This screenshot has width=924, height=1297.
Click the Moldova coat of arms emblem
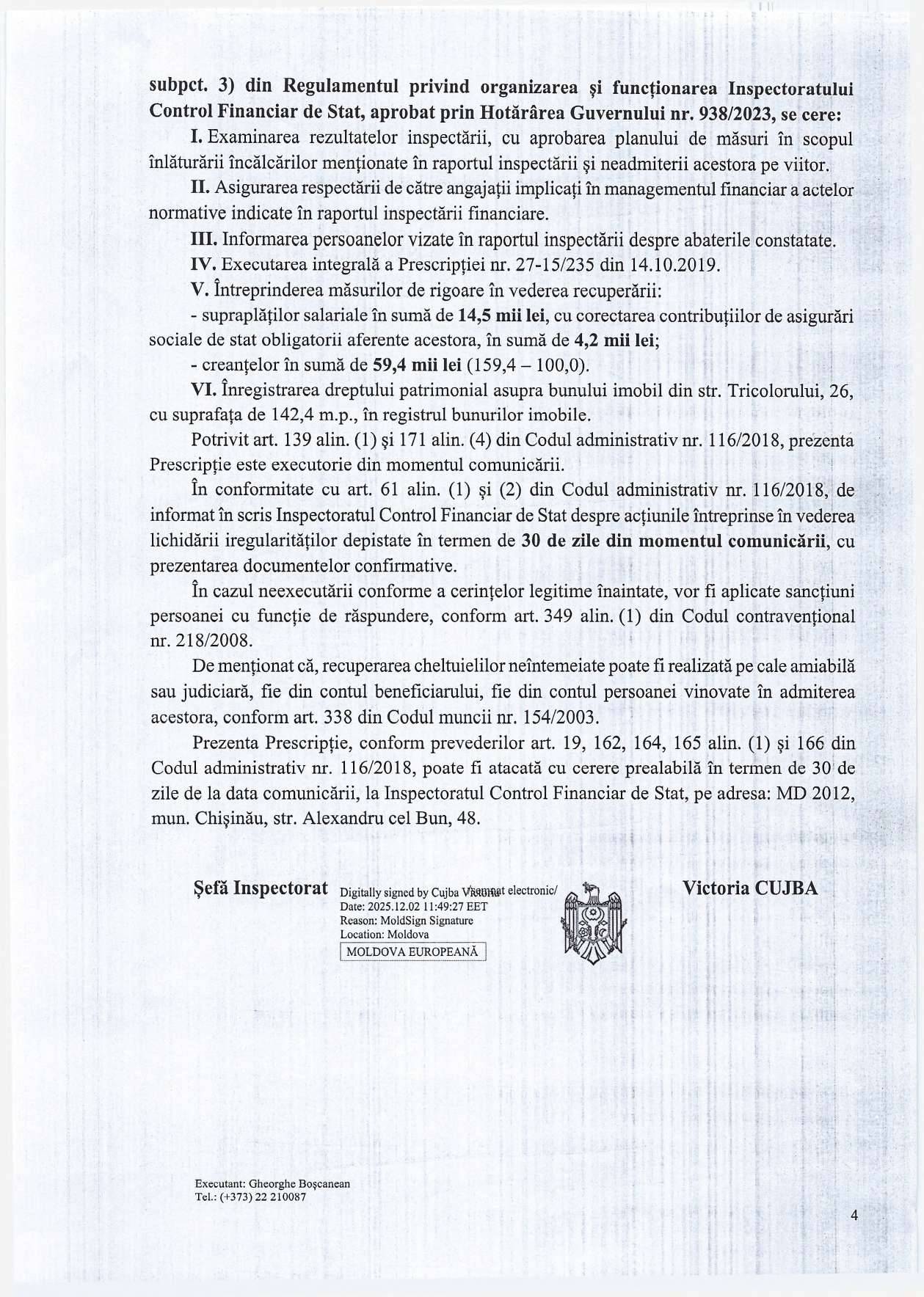(x=592, y=919)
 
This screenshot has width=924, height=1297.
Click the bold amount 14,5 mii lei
(x=500, y=316)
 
